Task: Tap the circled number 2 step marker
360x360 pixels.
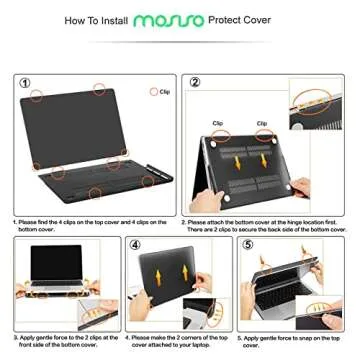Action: tap(195, 82)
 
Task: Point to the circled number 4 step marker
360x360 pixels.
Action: tap(140, 244)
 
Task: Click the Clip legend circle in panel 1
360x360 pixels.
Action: tap(153, 91)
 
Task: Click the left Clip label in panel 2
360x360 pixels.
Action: tap(219, 123)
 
